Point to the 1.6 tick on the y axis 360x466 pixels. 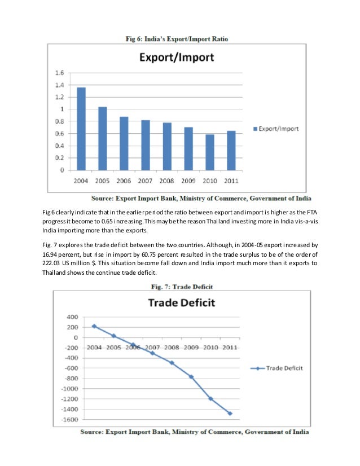(x=59, y=73)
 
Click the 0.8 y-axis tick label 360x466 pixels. (x=59, y=122)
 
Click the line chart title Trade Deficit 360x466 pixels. (x=181, y=302)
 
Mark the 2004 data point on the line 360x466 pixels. (x=94, y=326)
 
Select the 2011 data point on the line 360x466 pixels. (x=230, y=413)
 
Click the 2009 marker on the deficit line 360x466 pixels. (x=191, y=376)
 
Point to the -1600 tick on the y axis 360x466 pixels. (x=69, y=420)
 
